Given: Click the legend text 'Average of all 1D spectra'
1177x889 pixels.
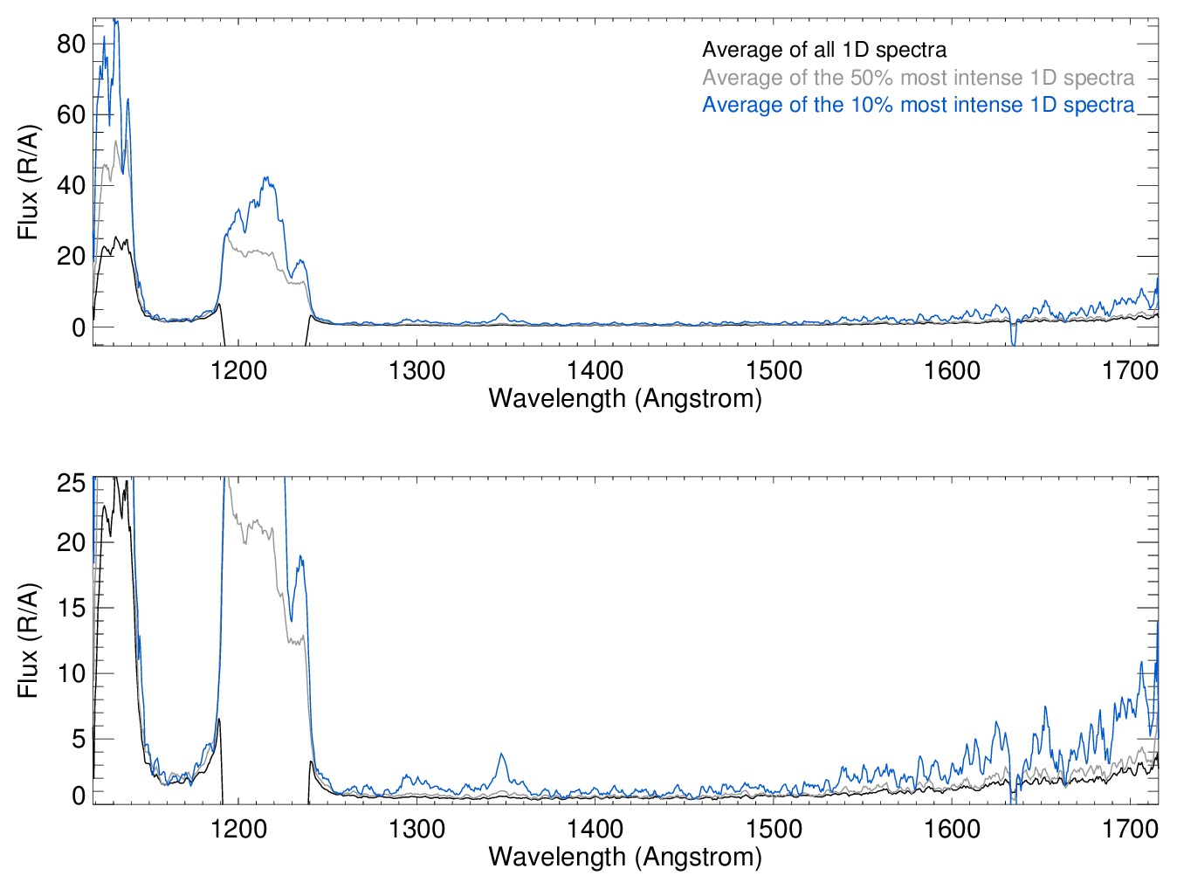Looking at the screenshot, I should (823, 51).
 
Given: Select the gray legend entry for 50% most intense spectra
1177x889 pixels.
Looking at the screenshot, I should (918, 78).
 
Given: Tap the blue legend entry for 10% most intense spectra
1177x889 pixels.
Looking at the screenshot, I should (918, 105).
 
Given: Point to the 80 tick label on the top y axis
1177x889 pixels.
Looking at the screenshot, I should (71, 44).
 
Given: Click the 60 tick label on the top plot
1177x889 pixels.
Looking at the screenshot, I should (71, 114).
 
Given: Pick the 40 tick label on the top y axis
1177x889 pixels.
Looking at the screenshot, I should (71, 185).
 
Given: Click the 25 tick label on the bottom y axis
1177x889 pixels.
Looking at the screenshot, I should (71, 483).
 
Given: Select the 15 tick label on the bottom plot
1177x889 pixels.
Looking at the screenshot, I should (71, 608).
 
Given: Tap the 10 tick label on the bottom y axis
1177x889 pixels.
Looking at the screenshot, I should (71, 673).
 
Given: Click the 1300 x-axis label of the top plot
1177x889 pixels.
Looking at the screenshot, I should (416, 370).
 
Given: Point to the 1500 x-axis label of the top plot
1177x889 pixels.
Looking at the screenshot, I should (774, 370).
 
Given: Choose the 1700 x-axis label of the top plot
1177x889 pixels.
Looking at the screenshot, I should (1130, 370).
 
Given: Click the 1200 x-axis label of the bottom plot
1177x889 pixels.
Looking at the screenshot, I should (238, 828).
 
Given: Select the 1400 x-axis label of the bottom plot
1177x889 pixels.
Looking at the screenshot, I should (595, 828).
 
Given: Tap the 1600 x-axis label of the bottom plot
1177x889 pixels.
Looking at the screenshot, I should (952, 828).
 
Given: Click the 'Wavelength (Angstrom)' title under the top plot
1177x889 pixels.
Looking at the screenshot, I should (625, 398).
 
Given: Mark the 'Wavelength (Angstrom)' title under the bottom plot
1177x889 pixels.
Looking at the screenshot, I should (625, 856).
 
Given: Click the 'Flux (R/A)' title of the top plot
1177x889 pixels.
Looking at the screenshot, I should (29, 183).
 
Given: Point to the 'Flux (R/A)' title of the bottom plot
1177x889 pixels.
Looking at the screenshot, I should (29, 640).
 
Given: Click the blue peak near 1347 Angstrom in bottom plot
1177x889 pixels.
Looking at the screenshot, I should (501, 755).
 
